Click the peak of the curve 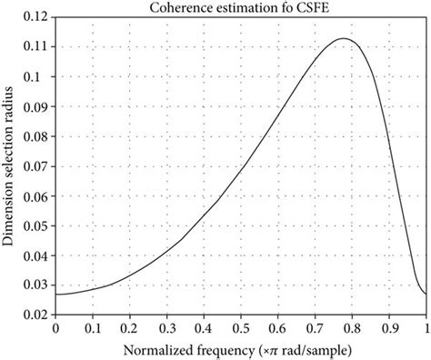coord(344,38)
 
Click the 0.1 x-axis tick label coord(92,325)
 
